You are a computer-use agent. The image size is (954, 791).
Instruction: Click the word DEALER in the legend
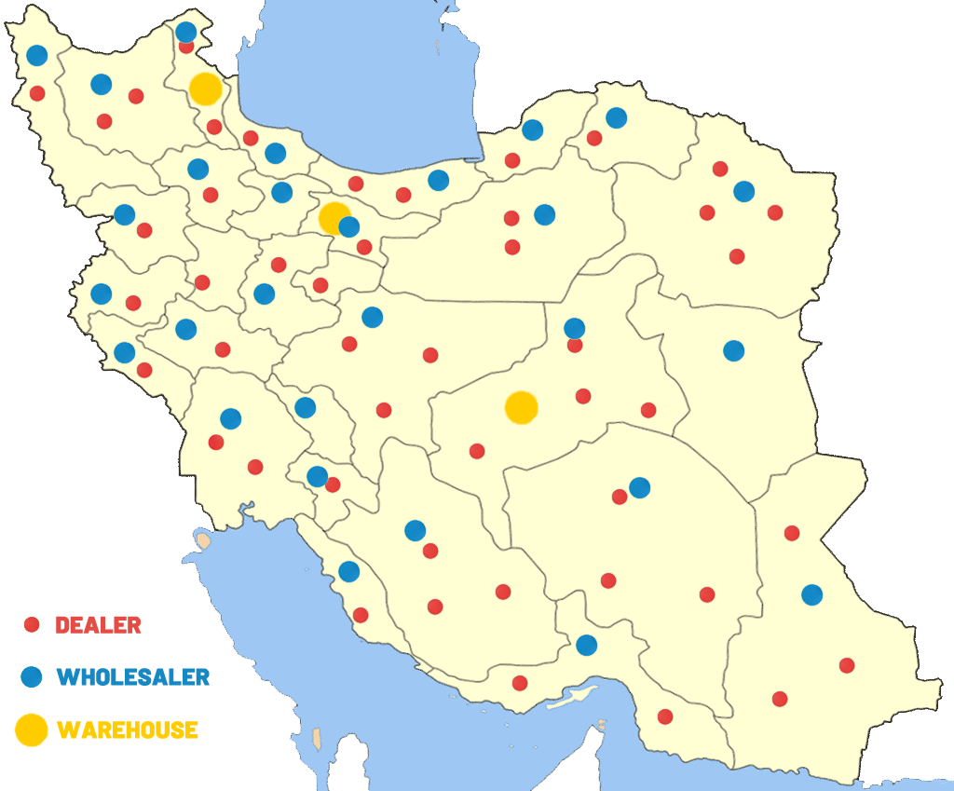98,624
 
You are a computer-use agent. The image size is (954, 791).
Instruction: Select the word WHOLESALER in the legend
133,677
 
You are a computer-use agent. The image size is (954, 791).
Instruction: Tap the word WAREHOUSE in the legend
128,730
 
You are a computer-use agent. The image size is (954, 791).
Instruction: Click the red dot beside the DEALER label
32,624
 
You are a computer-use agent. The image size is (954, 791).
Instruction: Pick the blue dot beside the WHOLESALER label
32,677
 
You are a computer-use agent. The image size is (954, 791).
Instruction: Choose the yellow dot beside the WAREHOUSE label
32,730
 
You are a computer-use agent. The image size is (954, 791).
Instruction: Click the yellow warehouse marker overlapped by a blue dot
332,216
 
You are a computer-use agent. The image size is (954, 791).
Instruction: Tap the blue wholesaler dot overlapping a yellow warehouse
349,226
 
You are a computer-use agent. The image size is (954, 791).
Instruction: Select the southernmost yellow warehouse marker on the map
521,407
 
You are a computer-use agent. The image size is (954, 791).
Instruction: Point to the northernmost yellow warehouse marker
205,89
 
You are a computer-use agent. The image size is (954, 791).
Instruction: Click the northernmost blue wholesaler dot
186,32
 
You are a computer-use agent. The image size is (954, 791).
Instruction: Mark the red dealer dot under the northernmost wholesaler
186,47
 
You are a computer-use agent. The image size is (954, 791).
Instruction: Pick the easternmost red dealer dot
847,665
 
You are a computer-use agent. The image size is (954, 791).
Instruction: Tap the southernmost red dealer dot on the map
665,716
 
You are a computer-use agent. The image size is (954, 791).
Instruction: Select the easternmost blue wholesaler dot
812,594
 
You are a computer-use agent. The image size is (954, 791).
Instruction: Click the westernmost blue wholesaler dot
37,55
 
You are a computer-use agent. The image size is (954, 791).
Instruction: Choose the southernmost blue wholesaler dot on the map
586,645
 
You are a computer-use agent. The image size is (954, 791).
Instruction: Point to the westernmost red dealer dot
37,93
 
